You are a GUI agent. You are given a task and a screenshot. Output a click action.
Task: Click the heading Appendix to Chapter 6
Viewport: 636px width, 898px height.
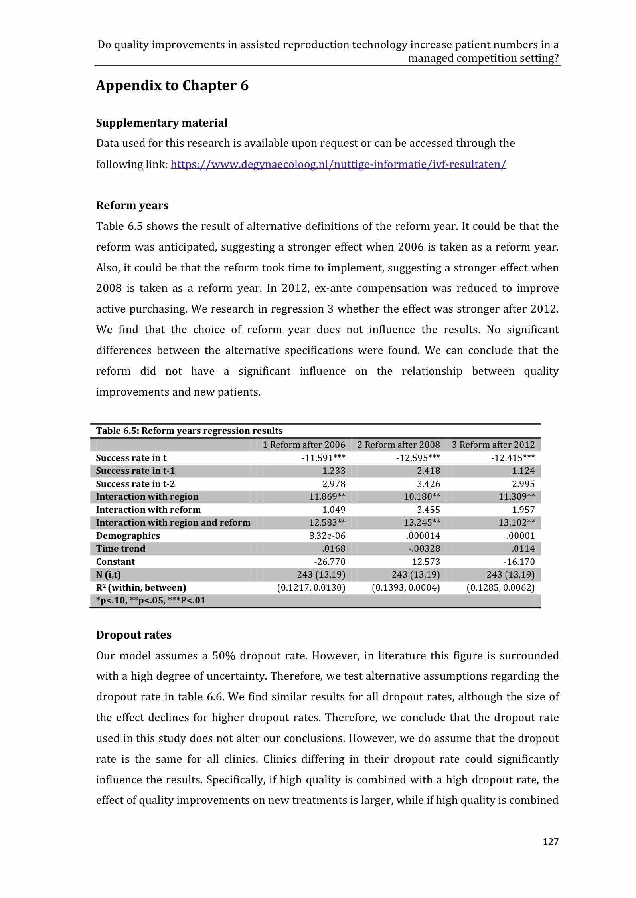172,86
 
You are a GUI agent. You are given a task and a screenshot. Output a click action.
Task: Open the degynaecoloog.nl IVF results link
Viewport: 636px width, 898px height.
338,164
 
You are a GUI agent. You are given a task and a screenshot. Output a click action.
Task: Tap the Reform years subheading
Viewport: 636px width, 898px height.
132,206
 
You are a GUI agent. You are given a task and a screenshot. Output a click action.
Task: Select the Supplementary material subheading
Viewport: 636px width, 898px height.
162,123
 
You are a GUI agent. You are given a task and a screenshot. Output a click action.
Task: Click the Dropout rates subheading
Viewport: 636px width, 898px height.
134,635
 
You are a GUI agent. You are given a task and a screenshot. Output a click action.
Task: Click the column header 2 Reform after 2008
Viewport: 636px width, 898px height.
398,445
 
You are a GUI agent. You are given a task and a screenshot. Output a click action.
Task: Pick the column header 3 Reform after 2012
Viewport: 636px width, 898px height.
493,445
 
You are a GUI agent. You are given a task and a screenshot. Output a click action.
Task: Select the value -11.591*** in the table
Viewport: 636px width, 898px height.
323,458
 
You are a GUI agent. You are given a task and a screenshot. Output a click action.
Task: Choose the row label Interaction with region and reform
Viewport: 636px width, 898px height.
173,522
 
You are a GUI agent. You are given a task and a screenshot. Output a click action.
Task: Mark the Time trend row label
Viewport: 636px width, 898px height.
120,548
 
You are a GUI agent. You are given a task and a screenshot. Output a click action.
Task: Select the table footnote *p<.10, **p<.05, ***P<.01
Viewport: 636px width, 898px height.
151,600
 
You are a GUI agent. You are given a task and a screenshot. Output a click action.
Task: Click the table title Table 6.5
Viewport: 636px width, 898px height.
189,431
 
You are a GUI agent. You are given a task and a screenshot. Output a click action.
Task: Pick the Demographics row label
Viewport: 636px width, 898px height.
128,536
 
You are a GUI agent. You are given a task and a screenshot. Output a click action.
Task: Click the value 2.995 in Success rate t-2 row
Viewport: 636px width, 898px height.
523,484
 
